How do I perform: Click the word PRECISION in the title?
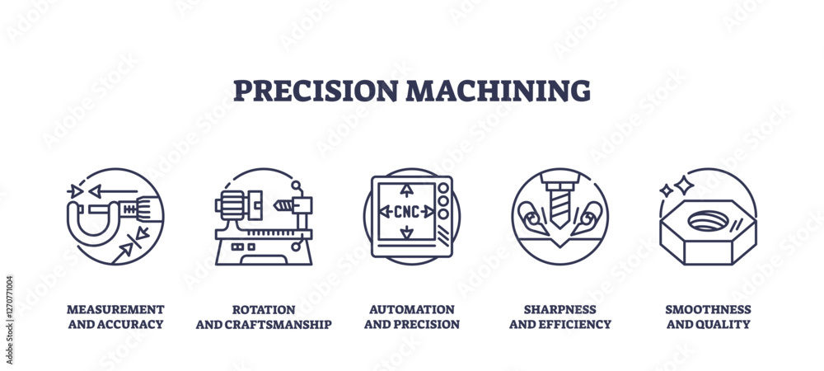click(316, 91)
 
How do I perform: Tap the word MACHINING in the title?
click(498, 91)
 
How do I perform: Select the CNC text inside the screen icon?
click(407, 212)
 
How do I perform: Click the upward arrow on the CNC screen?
click(407, 190)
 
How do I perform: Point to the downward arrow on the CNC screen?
click(407, 232)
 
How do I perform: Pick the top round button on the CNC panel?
click(443, 188)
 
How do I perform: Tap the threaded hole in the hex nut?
click(708, 220)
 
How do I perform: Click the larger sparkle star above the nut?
click(684, 185)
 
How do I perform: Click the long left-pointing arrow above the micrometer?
click(112, 191)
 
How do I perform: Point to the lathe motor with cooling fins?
click(231, 205)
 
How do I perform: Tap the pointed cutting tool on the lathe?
click(283, 205)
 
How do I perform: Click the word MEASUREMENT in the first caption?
click(115, 309)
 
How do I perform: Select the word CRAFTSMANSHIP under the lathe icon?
click(278, 324)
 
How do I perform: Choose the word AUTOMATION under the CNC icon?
click(411, 309)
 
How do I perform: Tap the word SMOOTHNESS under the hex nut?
click(708, 309)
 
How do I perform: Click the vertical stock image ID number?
click(9, 320)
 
